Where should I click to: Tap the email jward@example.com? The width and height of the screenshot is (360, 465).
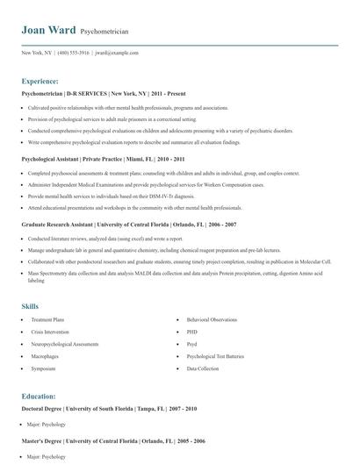pos(118,53)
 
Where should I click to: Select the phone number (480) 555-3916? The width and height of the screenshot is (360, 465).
pos(74,53)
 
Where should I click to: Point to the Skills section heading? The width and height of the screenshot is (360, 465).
pos(30,306)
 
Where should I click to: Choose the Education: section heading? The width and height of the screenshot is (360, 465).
pos(39,396)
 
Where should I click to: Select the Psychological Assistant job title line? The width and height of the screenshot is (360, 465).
pos(103,160)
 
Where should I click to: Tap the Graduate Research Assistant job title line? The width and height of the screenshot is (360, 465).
pos(128,225)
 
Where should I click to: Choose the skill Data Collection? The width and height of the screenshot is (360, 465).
pos(203,369)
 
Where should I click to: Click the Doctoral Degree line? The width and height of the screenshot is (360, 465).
pos(109,409)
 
